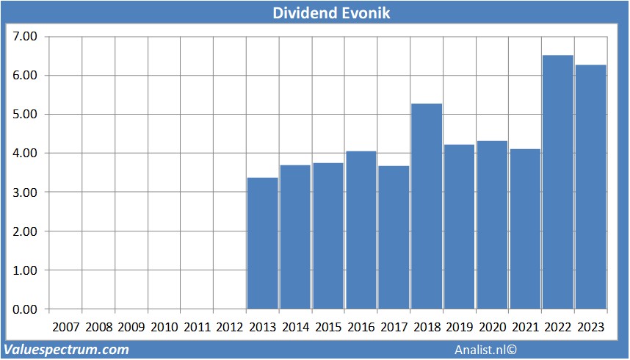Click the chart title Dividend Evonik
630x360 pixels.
[314, 12]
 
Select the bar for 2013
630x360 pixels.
[263, 243]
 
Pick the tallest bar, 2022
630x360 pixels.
[558, 182]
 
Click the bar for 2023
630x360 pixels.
[590, 187]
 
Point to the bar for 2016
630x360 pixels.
[361, 230]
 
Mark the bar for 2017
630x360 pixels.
[394, 237]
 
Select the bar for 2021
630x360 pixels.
[525, 229]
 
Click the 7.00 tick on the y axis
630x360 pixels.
[25, 37]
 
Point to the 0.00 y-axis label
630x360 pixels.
[25, 309]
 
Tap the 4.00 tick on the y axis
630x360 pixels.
[25, 154]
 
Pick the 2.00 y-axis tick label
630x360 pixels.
[25, 231]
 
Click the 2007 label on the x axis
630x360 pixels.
[66, 327]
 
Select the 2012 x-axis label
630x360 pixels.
[230, 327]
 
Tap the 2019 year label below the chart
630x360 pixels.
[460, 327]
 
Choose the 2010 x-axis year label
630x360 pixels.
[164, 327]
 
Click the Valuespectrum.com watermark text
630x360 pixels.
[67, 350]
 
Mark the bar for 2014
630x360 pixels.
[296, 237]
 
